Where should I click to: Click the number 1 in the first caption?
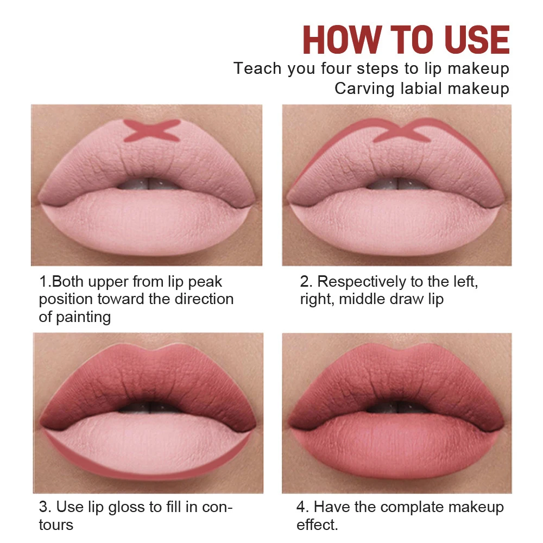[x=43, y=282]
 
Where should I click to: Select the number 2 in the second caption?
[x=305, y=282]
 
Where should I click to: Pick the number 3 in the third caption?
[x=43, y=508]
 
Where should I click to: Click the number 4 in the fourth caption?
[x=301, y=508]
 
